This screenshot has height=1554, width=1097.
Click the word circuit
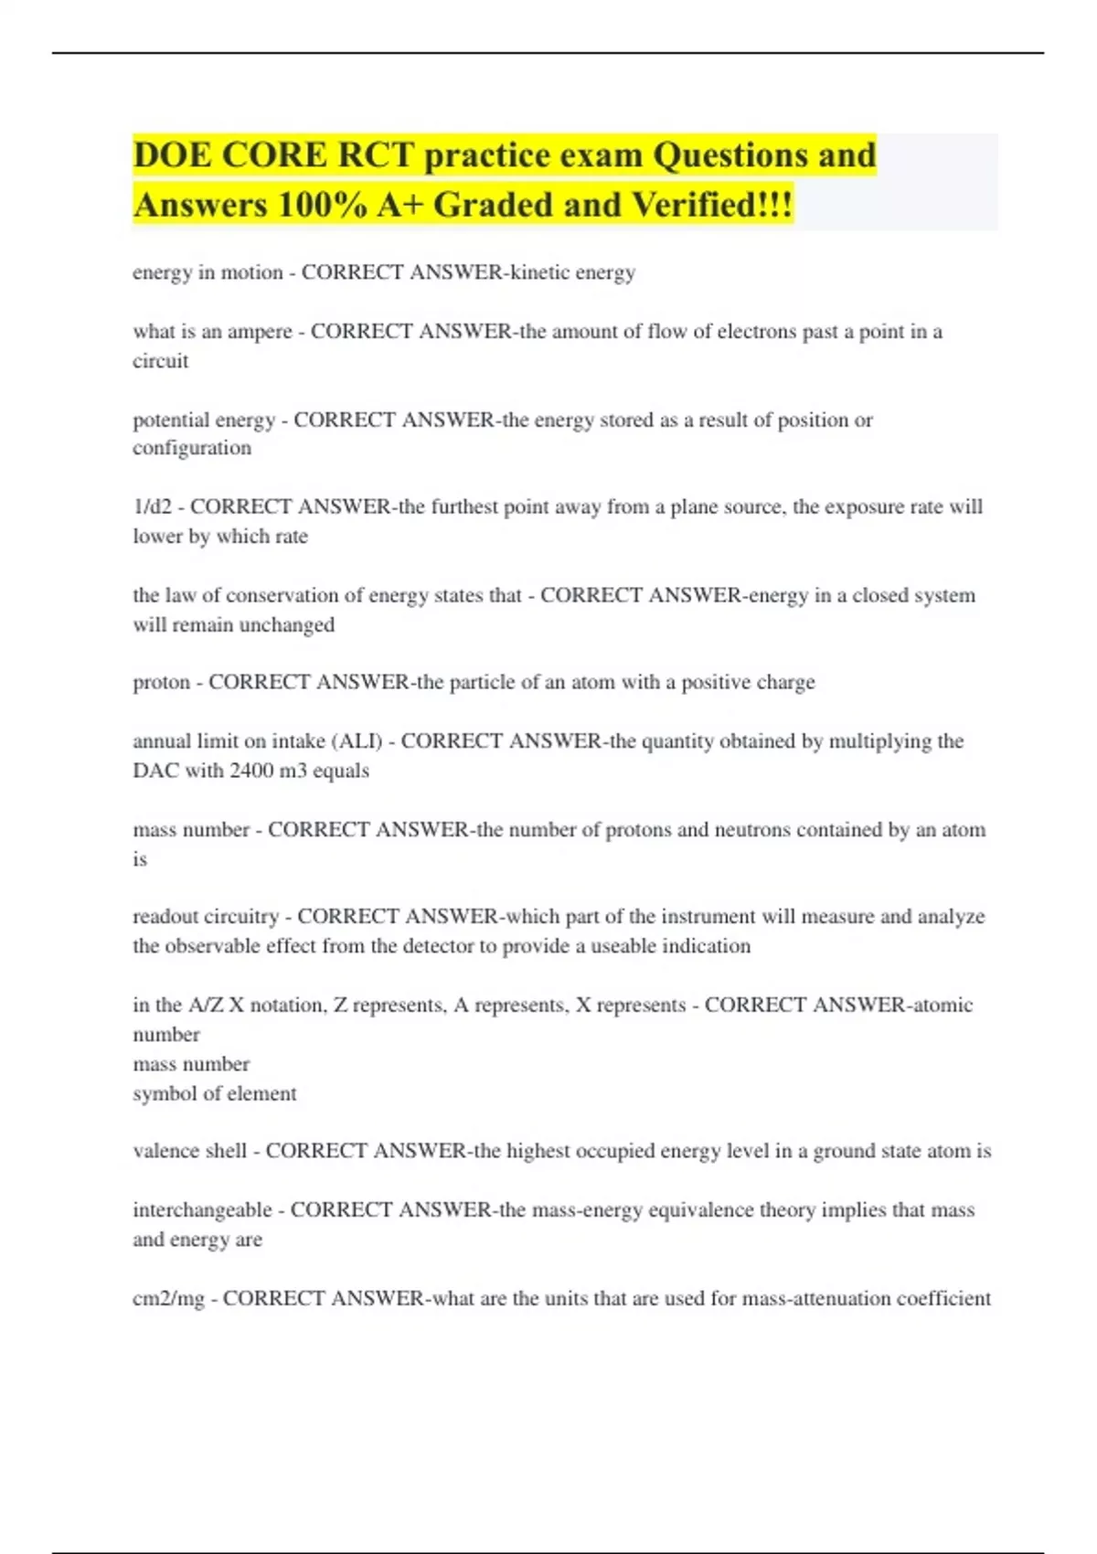pyautogui.click(x=161, y=361)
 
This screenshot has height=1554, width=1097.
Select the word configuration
pyautogui.click(x=192, y=448)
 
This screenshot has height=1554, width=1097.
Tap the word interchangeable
pyautogui.click(x=202, y=1210)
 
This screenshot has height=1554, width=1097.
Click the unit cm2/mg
pyautogui.click(x=168, y=1299)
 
